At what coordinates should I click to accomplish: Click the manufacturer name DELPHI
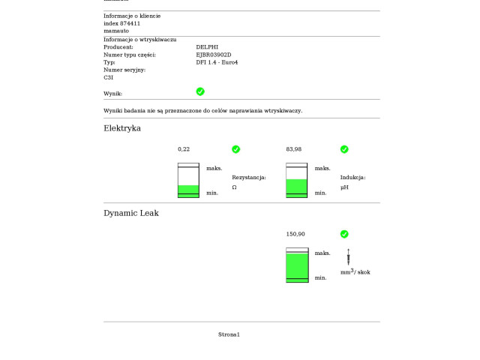(207, 47)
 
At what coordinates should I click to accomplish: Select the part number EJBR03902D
(214, 55)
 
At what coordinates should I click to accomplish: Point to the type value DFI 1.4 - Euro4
(217, 62)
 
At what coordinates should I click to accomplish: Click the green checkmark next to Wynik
(200, 91)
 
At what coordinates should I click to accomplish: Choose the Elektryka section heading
(122, 128)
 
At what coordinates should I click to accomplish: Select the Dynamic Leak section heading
(131, 213)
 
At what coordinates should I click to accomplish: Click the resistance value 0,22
(184, 149)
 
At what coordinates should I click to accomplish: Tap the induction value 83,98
(294, 149)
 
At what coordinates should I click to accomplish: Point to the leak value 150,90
(296, 234)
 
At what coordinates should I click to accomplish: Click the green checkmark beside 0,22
(235, 149)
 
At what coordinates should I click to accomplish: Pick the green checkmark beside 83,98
(344, 149)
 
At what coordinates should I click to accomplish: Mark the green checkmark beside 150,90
(344, 234)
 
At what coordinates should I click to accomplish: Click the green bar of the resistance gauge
(188, 190)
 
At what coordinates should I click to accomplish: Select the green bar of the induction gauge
(297, 187)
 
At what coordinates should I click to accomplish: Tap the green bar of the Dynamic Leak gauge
(297, 267)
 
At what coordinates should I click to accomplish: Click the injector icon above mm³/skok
(348, 256)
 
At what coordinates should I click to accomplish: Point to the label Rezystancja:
(249, 178)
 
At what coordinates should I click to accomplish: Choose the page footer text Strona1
(229, 334)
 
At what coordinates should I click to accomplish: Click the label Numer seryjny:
(124, 70)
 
